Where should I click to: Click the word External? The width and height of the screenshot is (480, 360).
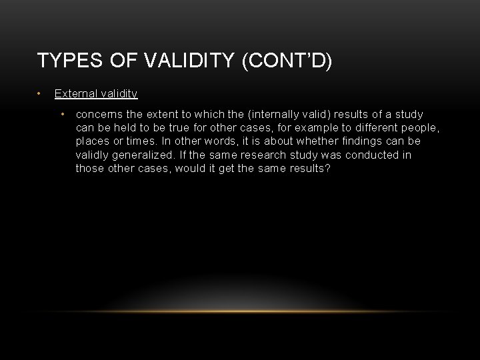75,95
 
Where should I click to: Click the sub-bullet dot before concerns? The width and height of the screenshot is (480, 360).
63,113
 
